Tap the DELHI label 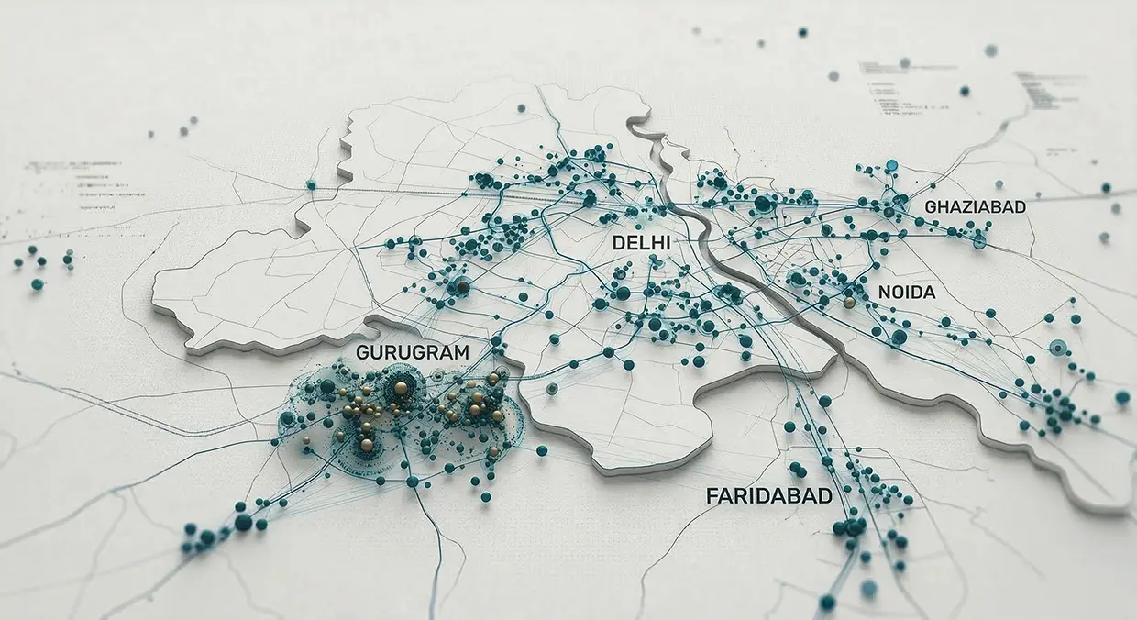point(640,243)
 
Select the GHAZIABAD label point(975,207)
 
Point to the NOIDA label point(906,293)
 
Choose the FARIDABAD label point(769,496)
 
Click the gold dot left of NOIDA point(849,302)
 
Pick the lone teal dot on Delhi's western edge point(311,185)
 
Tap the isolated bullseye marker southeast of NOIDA point(1057,347)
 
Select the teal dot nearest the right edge point(1122,397)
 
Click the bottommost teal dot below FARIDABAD point(828,602)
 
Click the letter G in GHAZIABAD point(931,207)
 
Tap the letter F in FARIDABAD point(712,496)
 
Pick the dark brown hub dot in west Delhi point(463,288)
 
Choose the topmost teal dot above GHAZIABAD point(891,165)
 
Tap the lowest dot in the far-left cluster point(37,284)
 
